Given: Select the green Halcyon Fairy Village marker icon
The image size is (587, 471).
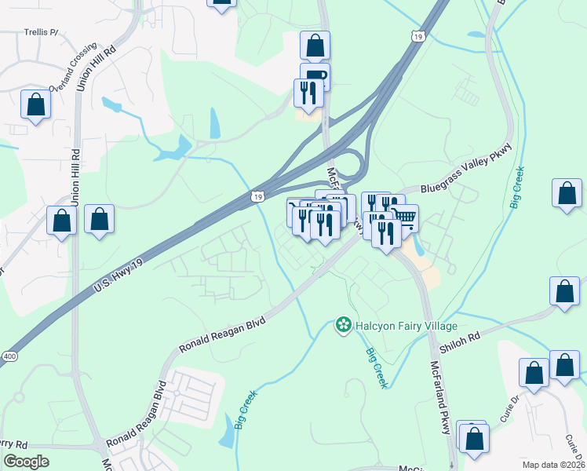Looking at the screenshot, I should tap(343, 324).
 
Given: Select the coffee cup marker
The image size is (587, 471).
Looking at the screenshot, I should tap(315, 76).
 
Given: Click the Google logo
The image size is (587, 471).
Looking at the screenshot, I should tap(26, 462).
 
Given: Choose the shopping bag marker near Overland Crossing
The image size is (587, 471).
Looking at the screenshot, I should tap(35, 104).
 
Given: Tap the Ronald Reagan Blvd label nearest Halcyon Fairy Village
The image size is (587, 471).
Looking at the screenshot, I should tap(222, 334).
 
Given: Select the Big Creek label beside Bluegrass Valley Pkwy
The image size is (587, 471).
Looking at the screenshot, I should tap(516, 191).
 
